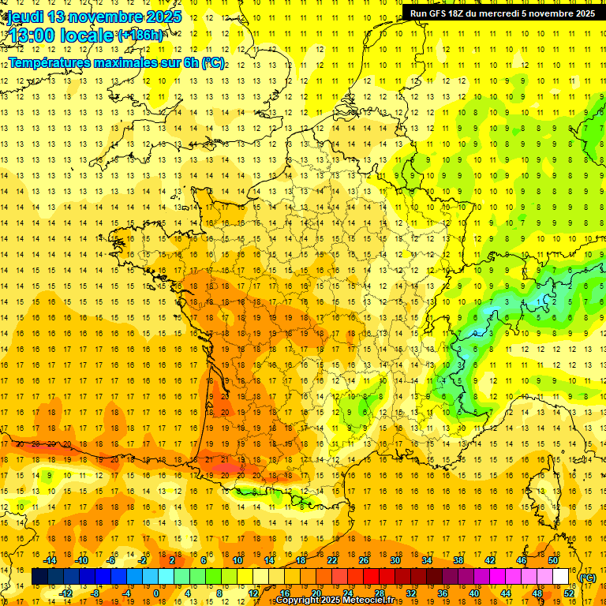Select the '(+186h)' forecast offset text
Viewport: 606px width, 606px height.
tap(140, 36)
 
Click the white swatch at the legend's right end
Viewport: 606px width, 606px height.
tap(560, 578)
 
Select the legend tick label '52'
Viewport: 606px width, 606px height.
tap(568, 593)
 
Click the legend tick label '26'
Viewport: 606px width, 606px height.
tap(364, 560)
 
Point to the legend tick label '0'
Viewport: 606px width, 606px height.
tap(155, 593)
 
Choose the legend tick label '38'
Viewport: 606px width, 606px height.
tap(458, 560)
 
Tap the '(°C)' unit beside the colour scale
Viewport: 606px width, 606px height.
tap(587, 578)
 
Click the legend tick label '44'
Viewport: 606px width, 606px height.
tap(506, 593)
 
